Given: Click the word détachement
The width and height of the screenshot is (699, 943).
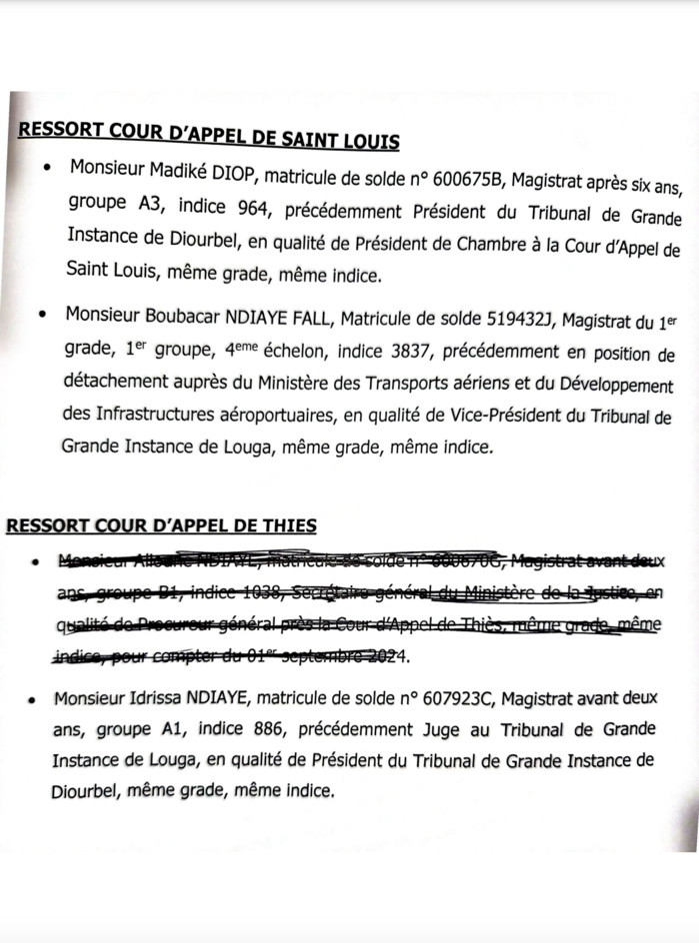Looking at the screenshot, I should tap(114, 386).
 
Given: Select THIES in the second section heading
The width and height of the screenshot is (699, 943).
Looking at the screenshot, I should tap(285, 524).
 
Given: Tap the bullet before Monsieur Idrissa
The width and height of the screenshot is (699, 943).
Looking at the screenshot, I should tap(33, 697).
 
